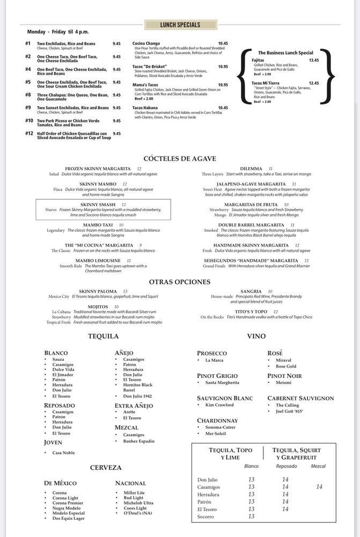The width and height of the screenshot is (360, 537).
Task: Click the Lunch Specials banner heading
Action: click(x=180, y=25)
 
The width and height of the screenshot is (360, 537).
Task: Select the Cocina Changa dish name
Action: click(x=146, y=43)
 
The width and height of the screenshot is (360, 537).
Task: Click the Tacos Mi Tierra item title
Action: click(x=266, y=83)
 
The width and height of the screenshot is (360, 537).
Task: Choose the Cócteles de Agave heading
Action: click(x=180, y=158)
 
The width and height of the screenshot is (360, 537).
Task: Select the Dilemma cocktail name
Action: click(x=251, y=169)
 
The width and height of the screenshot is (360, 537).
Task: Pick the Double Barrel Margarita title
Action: click(x=249, y=225)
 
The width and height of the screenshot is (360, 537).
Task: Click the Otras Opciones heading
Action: click(x=180, y=281)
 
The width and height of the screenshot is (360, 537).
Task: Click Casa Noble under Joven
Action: click(x=63, y=453)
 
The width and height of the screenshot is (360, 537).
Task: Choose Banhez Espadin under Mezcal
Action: click(x=138, y=441)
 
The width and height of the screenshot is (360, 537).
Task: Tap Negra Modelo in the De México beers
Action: click(x=66, y=507)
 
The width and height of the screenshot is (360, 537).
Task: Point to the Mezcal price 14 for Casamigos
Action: click(x=319, y=487)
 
